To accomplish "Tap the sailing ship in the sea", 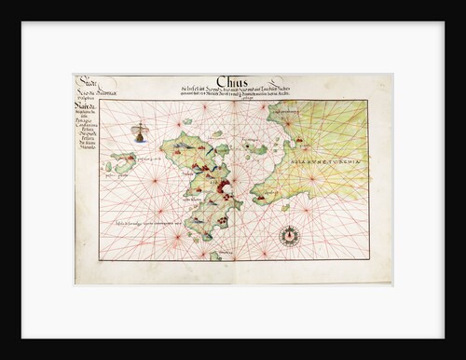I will tap(140, 132).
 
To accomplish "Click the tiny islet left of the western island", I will tap(108, 167).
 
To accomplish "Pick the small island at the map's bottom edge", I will tap(215, 255).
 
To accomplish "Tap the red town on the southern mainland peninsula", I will tap(264, 196).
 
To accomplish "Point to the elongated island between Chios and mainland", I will tap(254, 147).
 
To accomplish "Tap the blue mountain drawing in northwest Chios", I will tap(179, 145).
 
